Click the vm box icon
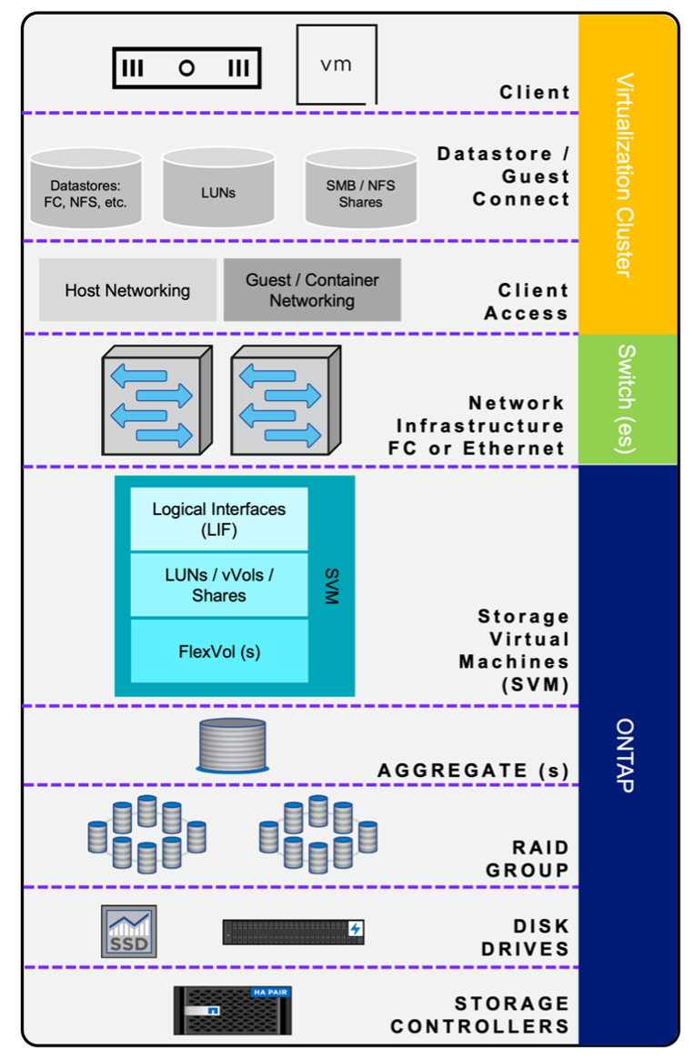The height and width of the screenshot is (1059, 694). coord(337,65)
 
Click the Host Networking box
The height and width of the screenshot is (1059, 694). coord(127,290)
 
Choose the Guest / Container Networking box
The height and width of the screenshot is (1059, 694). coord(312,290)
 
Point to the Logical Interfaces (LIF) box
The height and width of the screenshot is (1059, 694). coord(219,519)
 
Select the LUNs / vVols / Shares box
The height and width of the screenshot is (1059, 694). coord(219,585)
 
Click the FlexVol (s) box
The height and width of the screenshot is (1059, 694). coord(219,651)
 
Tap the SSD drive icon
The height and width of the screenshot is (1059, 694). coord(128,931)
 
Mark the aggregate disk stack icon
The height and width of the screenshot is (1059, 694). coord(233,745)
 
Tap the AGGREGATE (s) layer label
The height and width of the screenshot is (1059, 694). coord(473,771)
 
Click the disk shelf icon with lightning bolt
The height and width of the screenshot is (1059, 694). coord(294,931)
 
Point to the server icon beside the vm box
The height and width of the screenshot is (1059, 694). coord(186,68)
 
